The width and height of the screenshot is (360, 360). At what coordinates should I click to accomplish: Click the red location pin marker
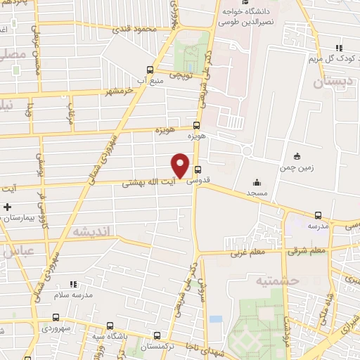pos(181,165)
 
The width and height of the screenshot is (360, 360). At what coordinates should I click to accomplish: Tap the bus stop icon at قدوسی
pos(198,169)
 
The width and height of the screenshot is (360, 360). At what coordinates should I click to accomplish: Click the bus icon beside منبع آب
pos(150,69)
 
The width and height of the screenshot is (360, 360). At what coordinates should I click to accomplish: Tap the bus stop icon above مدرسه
pos(319,216)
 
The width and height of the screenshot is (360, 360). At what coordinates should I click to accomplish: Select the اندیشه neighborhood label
pos(91,231)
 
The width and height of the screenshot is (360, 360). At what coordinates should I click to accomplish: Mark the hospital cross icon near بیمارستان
pos(7,207)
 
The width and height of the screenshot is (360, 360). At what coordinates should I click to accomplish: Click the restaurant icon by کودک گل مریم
pos(339,49)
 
